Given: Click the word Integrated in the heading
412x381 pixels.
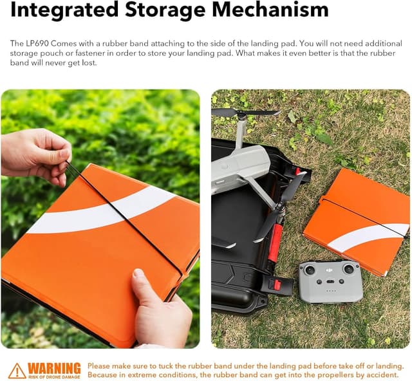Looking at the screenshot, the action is pos(64,10).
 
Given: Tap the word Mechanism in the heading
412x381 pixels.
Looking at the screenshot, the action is pos(270,10).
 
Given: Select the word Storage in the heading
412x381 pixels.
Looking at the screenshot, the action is pos(165,10).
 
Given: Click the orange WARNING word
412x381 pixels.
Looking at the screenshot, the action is pos(54,368).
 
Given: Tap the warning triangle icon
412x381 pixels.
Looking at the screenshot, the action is pos(17,371).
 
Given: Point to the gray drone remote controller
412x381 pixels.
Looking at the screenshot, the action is pos(330,282).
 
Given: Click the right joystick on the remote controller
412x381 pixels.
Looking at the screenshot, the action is pos(349,269).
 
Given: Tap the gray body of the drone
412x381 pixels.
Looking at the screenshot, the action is pos(239,165).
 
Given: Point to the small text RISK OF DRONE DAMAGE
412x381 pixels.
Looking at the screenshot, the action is pos(54,376).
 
